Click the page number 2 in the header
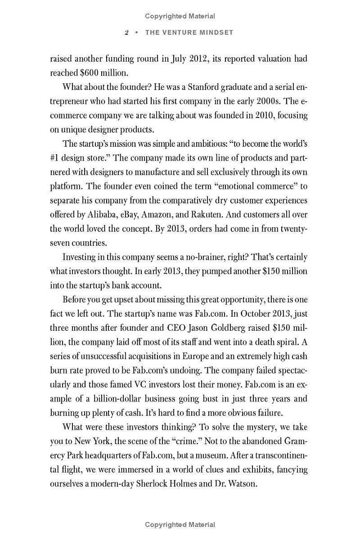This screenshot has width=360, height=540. point(127,33)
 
